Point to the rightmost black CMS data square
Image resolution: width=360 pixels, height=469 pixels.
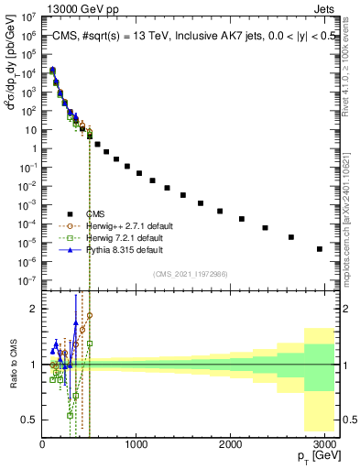[x=319, y=248]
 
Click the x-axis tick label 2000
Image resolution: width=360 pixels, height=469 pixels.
[x=232, y=444]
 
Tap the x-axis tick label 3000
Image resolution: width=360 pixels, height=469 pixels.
[x=326, y=444]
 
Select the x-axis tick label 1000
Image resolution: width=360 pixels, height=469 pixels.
[x=136, y=444]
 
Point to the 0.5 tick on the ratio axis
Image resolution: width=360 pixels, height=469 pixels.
[x=29, y=420]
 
